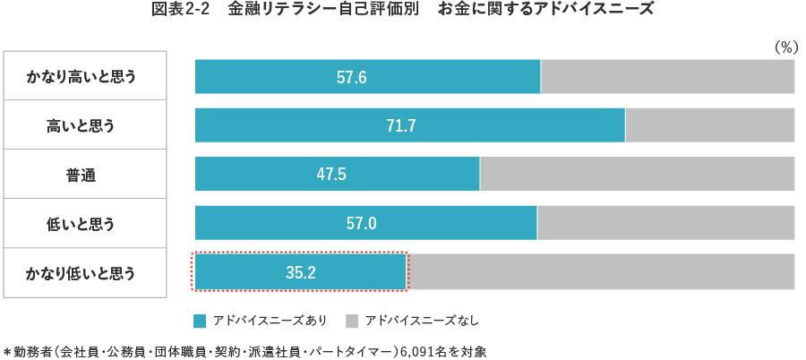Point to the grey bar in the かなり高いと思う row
667,76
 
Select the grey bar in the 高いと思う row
709,125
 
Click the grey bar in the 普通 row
637,174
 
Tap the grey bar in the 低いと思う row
665,223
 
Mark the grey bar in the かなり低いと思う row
601,272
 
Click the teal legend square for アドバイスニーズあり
201,320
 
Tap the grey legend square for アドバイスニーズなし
352,320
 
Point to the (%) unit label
785,47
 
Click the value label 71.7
401,125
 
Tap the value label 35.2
301,272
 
